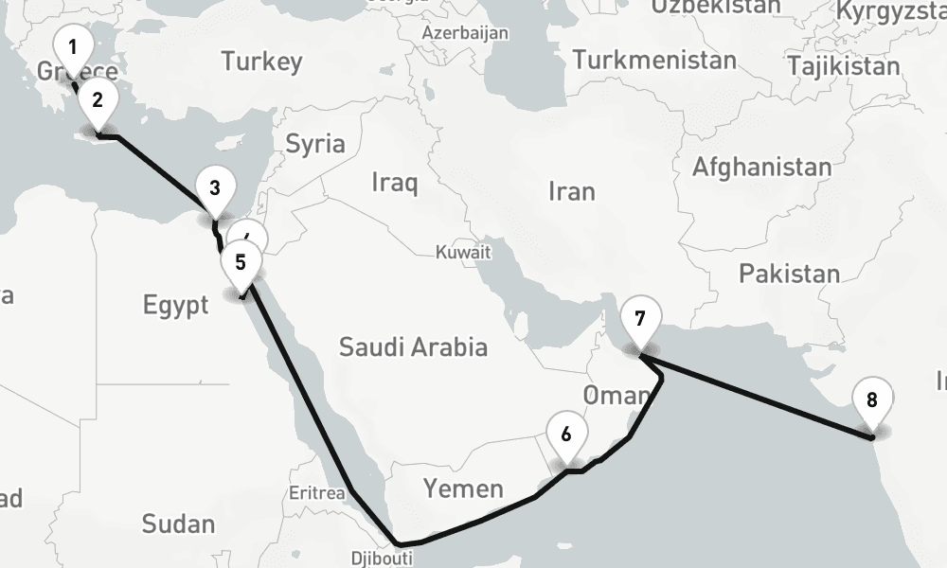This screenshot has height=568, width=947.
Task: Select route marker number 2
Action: (x=98, y=98)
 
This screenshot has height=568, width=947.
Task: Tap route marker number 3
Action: (x=215, y=187)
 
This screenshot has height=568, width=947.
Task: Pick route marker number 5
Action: (x=241, y=262)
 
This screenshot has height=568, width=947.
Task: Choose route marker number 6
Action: (x=566, y=435)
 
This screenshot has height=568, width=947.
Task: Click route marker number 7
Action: (x=640, y=318)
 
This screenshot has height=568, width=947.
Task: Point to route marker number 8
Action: (x=871, y=399)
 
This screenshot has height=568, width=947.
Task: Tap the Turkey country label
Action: (x=262, y=62)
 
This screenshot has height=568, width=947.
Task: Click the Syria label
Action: (x=315, y=145)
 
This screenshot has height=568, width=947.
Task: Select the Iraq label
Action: (x=394, y=182)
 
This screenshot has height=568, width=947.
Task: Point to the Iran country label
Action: (x=571, y=191)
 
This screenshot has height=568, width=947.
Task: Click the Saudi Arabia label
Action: (x=414, y=346)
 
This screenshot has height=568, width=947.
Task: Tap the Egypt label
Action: (x=175, y=305)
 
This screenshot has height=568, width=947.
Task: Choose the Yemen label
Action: (x=463, y=488)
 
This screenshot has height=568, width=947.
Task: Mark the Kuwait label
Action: (x=463, y=253)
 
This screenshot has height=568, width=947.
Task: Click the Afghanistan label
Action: (x=761, y=168)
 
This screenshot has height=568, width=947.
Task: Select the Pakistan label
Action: (x=789, y=275)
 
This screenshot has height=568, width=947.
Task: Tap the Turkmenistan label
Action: (x=653, y=61)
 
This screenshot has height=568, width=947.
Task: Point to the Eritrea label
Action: (x=318, y=494)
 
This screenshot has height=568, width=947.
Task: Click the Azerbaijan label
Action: (x=466, y=32)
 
